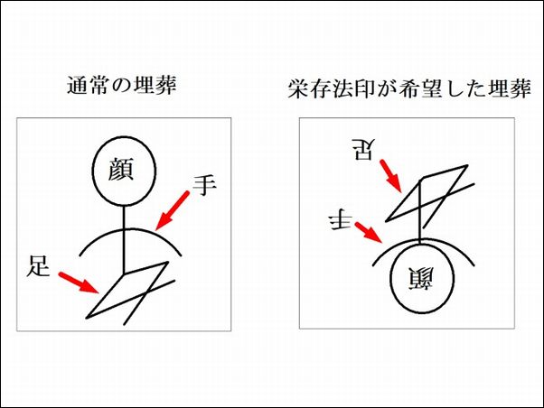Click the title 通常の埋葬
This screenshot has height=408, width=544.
122,85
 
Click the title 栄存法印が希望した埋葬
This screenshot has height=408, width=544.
409,89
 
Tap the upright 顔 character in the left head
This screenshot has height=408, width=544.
121,169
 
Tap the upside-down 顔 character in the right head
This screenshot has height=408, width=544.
421,279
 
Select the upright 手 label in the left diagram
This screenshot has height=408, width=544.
204,185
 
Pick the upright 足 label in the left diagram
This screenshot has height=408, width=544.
38,266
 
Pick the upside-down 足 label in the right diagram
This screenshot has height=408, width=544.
363,150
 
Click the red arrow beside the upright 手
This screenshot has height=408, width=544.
172,210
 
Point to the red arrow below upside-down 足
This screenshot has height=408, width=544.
391,176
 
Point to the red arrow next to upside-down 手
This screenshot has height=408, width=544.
369,233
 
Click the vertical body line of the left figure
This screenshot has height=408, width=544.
124,240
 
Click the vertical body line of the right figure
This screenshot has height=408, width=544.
420,211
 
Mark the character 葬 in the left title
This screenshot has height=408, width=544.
166,85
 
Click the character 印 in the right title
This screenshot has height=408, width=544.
363,89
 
